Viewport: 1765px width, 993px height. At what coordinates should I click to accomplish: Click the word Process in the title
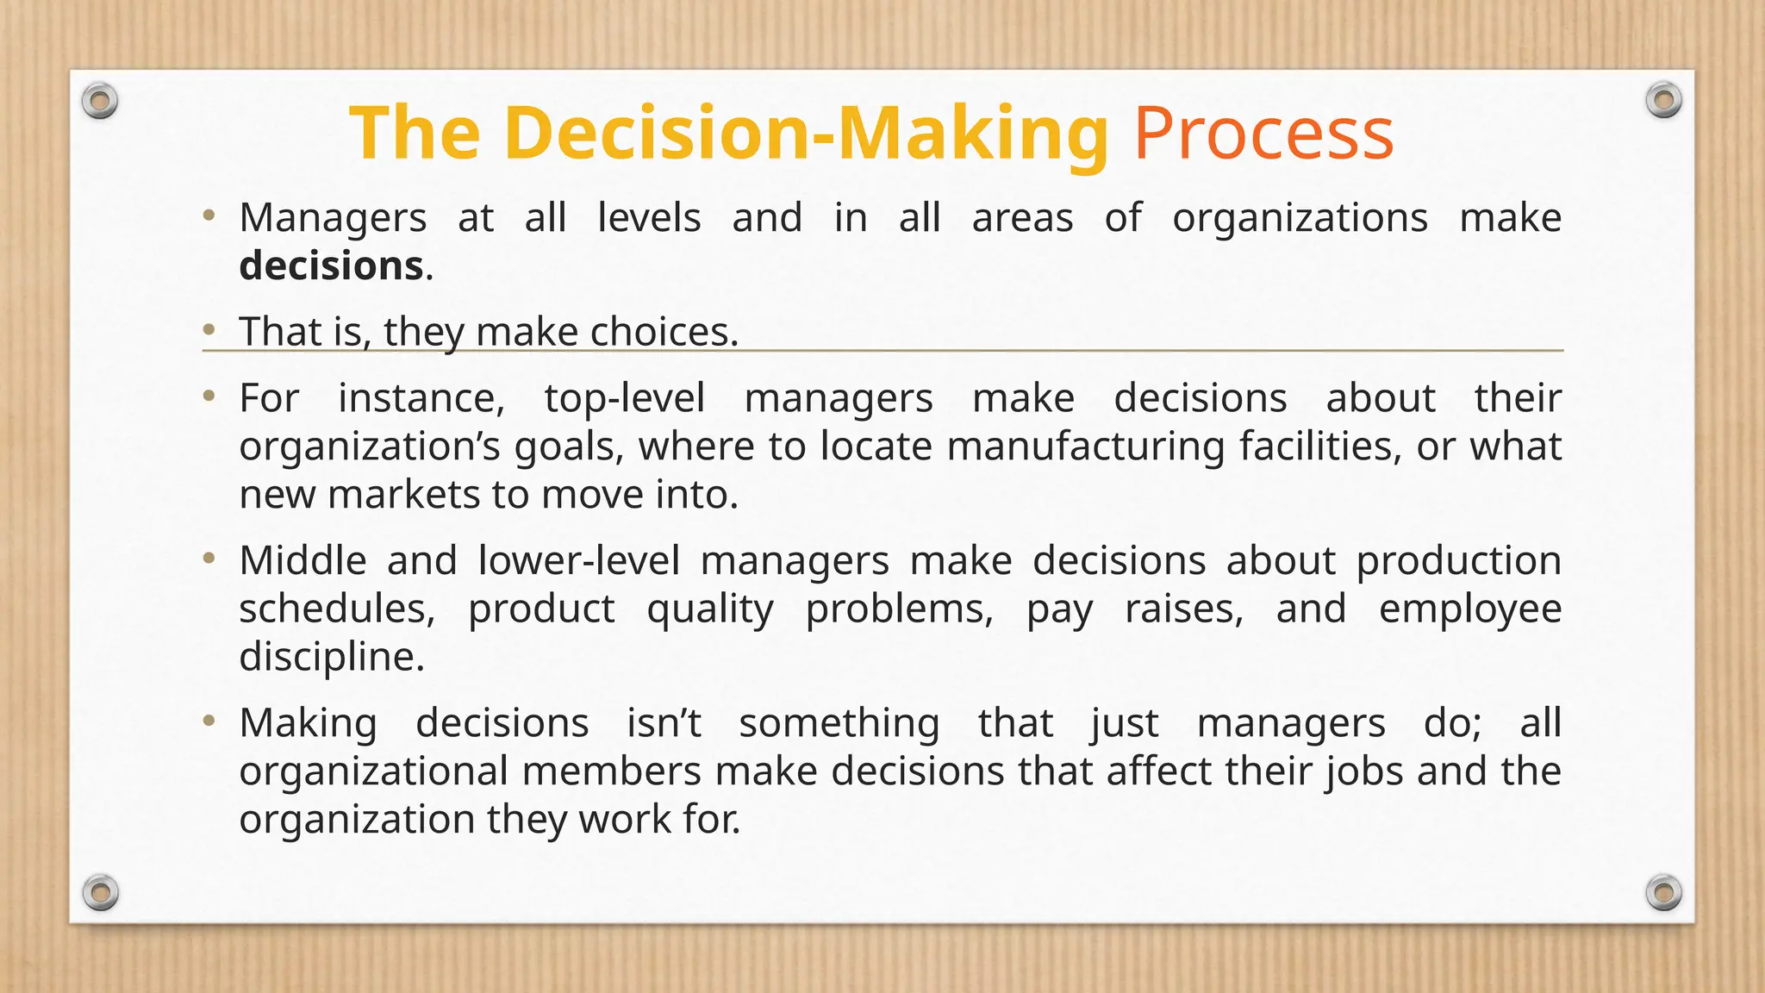click(x=1263, y=133)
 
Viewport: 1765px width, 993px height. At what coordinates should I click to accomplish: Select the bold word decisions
click(x=332, y=265)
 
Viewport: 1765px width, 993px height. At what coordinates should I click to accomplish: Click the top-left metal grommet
click(x=100, y=102)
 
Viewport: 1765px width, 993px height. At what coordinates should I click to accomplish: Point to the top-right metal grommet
click(x=1663, y=101)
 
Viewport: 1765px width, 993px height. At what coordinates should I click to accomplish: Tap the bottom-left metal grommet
click(x=100, y=892)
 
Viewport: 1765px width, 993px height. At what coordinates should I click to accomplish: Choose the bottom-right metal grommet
click(x=1663, y=892)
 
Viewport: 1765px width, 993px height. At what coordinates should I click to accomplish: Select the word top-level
click(x=625, y=398)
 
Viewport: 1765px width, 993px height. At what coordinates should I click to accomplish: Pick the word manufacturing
click(x=1085, y=447)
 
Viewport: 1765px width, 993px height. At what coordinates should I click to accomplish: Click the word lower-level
click(x=579, y=560)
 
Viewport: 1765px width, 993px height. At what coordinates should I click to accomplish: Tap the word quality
click(x=710, y=609)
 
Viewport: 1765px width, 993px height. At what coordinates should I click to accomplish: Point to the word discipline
click(x=332, y=657)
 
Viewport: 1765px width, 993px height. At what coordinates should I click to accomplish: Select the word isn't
click(x=664, y=722)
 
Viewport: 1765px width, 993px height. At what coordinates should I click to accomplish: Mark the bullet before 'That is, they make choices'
click(x=209, y=329)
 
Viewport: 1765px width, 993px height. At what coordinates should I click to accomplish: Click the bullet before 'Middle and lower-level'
click(x=209, y=559)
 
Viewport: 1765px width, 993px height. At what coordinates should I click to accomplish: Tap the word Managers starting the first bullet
click(x=333, y=217)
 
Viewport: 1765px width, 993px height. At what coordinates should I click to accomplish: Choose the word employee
click(x=1470, y=609)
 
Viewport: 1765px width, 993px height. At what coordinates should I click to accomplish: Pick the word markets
click(x=405, y=495)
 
